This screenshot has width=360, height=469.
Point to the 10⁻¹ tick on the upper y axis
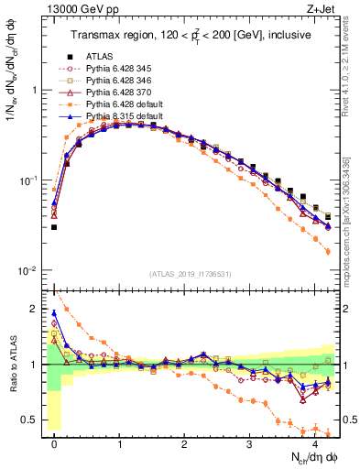pyautogui.click(x=29, y=180)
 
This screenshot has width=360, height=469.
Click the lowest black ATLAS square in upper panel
pyautogui.click(x=54, y=227)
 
